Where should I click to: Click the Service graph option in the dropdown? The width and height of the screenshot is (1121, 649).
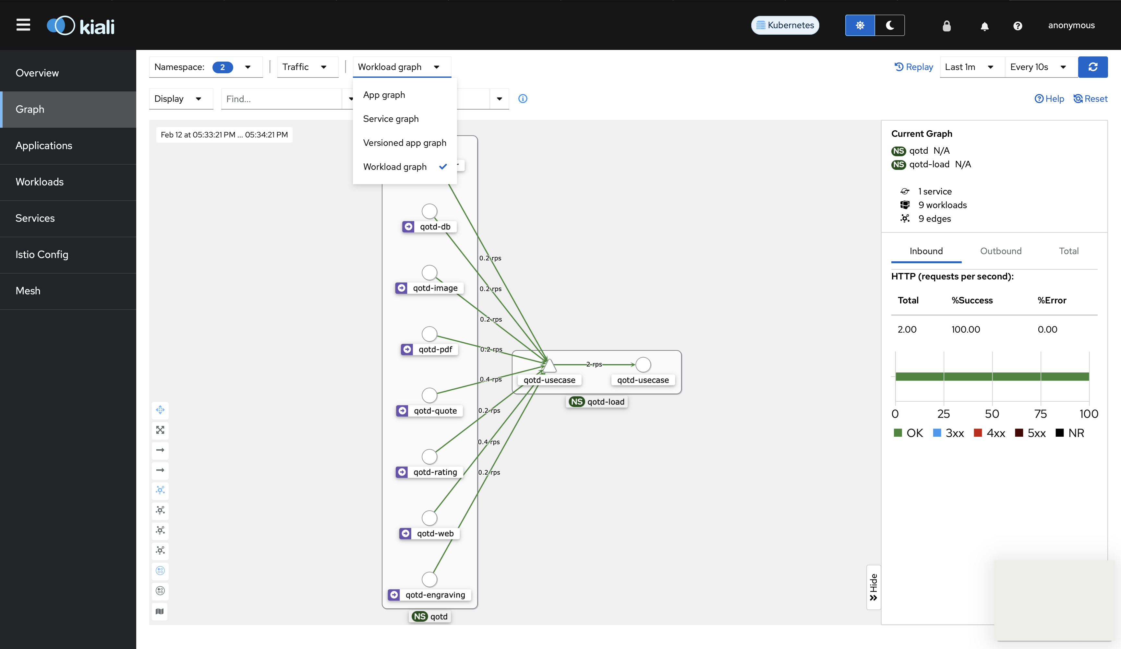click(391, 119)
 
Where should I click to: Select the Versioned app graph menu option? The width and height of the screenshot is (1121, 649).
click(404, 143)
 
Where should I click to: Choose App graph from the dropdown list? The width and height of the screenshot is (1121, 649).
click(384, 95)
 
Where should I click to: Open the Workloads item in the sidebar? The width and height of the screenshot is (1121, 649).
click(40, 182)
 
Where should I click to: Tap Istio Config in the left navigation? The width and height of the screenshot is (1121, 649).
click(42, 254)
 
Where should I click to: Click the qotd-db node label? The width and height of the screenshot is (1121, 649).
click(435, 227)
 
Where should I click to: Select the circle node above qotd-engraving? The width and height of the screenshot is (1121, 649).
click(429, 579)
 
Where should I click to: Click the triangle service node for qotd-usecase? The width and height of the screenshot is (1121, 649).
click(549, 365)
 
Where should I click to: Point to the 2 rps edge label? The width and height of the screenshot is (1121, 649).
click(594, 364)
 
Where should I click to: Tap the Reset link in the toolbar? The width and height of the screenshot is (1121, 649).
click(1090, 99)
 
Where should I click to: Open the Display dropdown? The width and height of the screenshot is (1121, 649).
click(178, 99)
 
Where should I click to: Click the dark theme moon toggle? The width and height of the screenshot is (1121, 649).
click(890, 25)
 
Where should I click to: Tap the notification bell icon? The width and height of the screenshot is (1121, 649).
click(984, 26)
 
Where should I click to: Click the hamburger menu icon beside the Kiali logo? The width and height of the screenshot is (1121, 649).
click(23, 25)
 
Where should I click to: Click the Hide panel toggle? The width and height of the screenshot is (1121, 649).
click(873, 587)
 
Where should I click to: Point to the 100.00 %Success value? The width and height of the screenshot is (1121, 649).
click(965, 329)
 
